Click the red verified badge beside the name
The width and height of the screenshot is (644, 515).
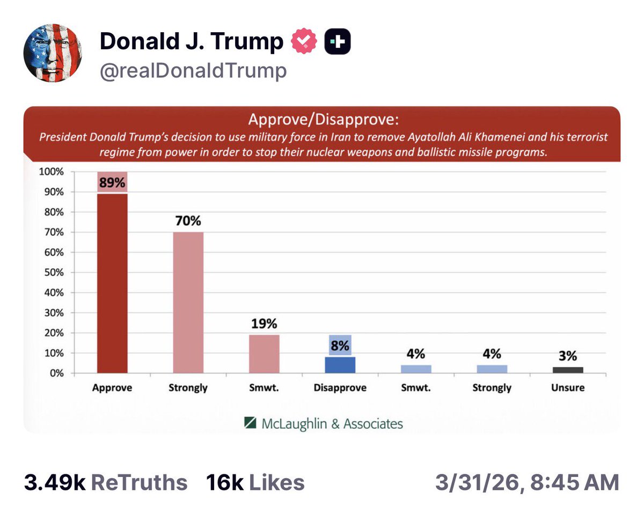point(304,42)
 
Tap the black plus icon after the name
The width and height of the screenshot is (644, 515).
point(338,42)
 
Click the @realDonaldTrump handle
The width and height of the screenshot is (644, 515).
point(193,71)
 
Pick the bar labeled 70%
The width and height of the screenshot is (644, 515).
point(188,302)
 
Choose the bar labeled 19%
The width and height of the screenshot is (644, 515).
point(264,354)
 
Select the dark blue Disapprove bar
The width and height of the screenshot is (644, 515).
point(340,365)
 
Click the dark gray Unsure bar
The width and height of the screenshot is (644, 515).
point(568,370)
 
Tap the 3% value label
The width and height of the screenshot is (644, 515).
point(568,356)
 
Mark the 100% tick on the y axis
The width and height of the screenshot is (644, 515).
point(52,172)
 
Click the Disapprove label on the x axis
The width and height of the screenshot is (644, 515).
point(340,388)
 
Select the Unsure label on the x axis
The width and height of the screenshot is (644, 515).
point(568,388)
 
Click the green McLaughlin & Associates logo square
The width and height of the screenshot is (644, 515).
point(250,423)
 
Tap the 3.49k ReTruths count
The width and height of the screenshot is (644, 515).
point(106,482)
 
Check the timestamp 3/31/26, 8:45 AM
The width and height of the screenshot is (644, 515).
point(526,482)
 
